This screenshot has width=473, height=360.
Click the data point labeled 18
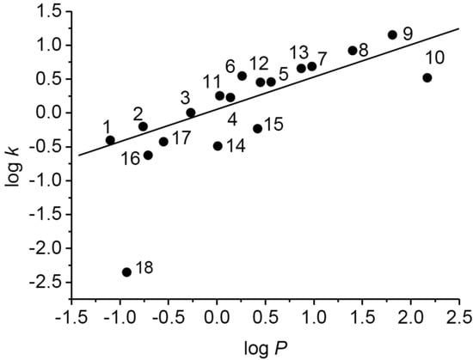[126, 272]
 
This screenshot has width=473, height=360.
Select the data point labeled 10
[427, 78]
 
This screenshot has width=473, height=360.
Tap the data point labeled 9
[392, 35]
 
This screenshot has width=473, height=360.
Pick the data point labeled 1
[110, 140]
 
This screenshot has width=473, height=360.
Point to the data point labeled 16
[148, 156]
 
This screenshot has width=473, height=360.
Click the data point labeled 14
[218, 146]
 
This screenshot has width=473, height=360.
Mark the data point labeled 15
[257, 129]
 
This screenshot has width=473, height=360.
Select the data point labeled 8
[353, 51]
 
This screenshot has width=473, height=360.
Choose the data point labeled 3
[191, 113]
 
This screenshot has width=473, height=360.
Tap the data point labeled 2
[144, 126]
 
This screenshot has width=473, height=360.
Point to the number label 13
[298, 51]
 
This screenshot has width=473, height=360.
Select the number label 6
[230, 65]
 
